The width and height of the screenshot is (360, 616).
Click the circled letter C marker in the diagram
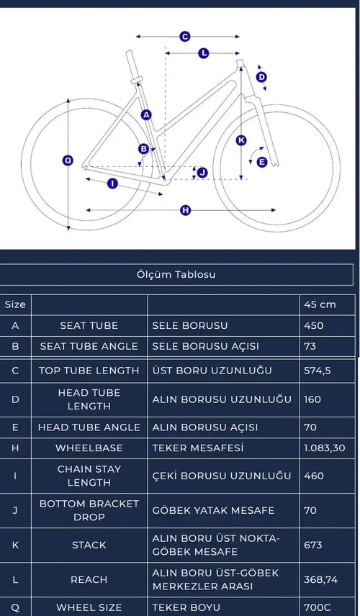point(185,37)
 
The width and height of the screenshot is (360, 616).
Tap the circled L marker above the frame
point(203,53)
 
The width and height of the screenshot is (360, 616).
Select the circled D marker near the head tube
point(261,77)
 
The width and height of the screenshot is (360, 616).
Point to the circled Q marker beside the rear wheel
point(68,160)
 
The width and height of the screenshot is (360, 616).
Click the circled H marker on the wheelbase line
point(186,210)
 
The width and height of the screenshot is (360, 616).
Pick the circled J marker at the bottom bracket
point(202,172)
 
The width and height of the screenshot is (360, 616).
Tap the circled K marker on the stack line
point(241,140)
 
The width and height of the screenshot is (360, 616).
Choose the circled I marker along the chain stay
point(112,183)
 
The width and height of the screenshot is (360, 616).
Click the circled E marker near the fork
point(262,162)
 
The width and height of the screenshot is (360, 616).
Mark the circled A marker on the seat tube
point(146,114)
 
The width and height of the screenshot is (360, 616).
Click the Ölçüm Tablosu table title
point(176,274)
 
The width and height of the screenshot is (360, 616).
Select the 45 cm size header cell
point(320,304)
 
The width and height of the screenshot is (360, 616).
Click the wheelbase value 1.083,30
point(324,448)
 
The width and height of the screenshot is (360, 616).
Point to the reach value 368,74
point(320,579)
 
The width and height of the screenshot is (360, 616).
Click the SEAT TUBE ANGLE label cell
point(89,346)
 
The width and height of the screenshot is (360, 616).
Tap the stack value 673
point(312,545)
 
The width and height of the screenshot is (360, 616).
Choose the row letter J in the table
point(15,510)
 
